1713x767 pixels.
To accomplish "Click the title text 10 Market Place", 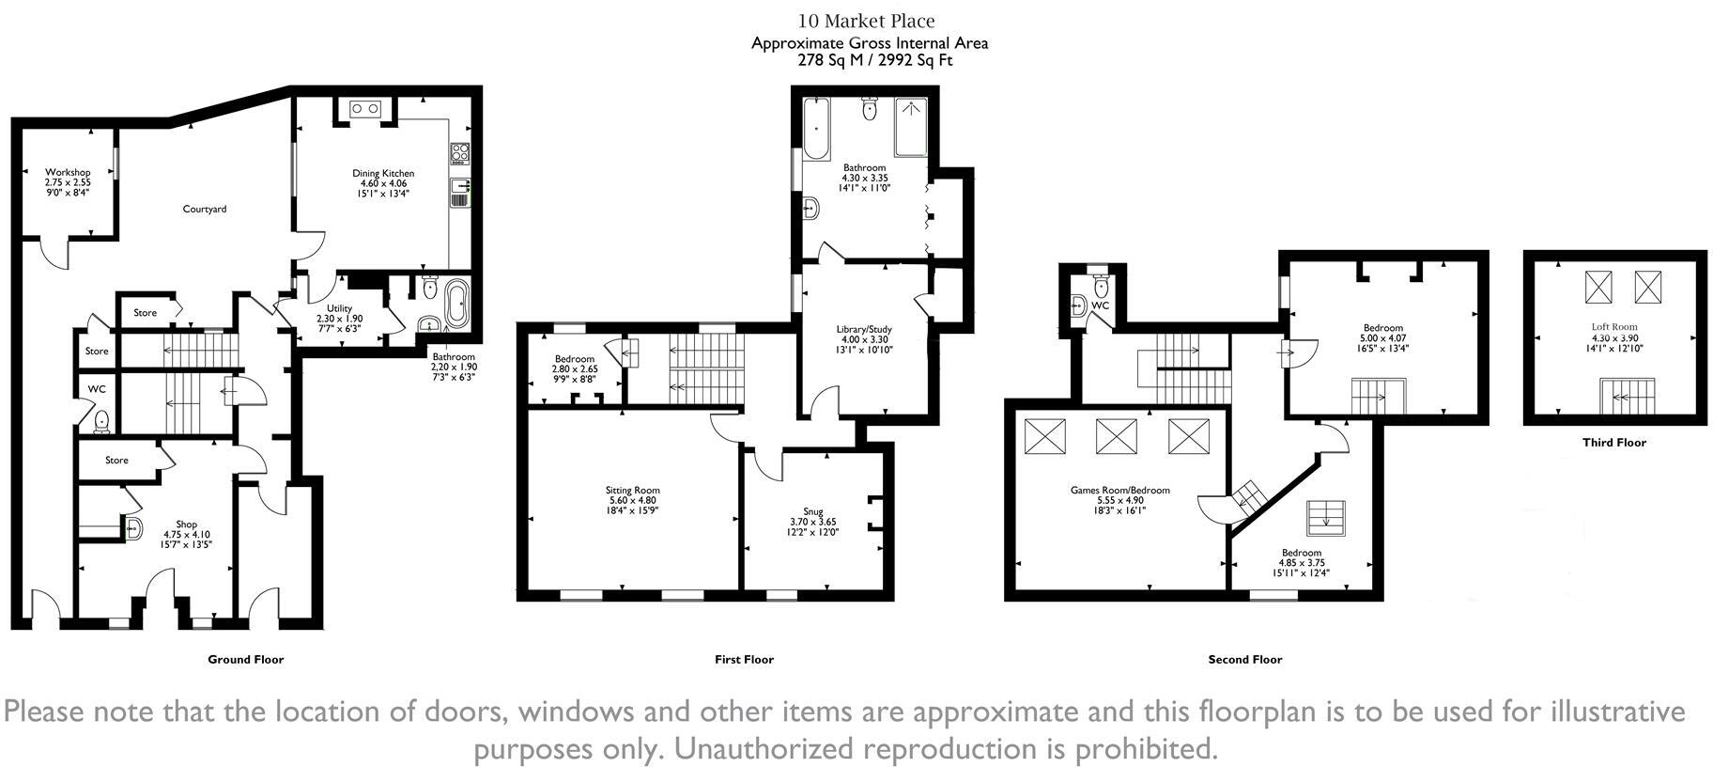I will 867,21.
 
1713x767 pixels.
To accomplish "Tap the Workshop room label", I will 68,173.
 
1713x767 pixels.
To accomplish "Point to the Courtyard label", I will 204,209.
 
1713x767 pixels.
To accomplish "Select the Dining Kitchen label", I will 383,173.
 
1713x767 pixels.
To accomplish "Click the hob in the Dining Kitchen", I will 460,153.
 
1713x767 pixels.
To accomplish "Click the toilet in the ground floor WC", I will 100,421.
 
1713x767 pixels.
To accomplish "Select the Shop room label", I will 186,524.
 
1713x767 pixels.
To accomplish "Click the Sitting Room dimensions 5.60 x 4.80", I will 633,501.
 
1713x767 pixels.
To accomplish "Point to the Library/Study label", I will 864,329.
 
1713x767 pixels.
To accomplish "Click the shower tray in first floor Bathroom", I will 911,127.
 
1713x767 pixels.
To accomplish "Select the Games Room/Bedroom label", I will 1119,490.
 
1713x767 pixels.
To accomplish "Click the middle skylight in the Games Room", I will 1117,436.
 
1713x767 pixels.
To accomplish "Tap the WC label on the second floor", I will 1100,305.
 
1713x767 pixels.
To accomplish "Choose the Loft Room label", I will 1614,327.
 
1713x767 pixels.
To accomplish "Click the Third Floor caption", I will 1613,442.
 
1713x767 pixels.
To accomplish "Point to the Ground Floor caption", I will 245,659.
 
